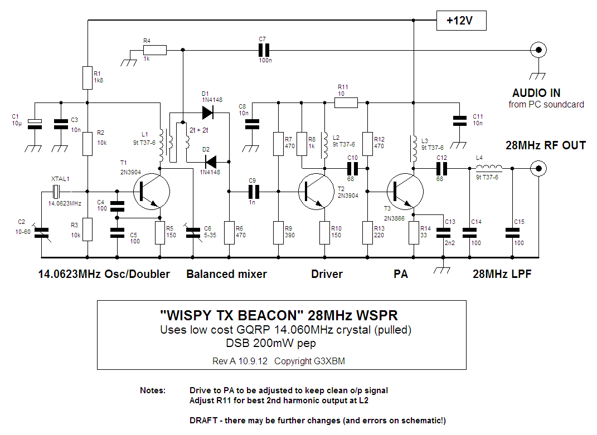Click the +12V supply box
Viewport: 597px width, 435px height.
461,21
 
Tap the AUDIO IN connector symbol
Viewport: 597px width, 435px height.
538,50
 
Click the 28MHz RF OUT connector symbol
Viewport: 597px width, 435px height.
538,168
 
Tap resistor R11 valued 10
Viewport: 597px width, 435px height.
346,102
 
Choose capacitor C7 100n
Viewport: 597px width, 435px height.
264,50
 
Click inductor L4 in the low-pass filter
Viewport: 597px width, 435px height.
488,168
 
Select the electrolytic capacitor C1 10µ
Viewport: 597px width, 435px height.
35,124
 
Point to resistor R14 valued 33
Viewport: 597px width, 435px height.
413,232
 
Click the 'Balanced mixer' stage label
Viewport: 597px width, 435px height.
226,274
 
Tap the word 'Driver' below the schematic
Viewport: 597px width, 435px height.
327,274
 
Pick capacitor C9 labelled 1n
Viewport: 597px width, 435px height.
254,191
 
